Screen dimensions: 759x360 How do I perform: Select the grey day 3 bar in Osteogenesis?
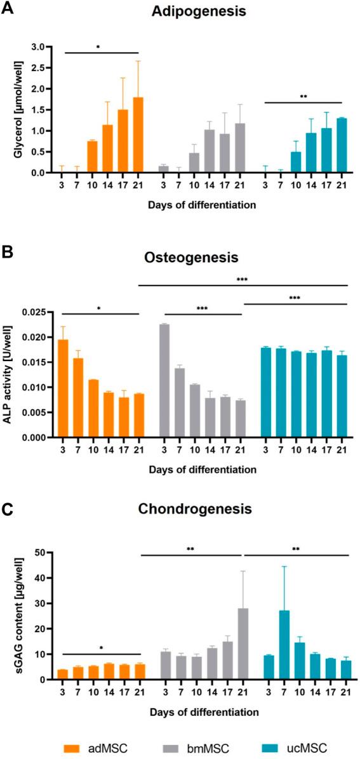tap(164, 381)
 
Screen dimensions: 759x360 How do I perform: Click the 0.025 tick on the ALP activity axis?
tap(37, 312)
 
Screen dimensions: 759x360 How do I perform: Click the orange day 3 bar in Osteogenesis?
tap(63, 388)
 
